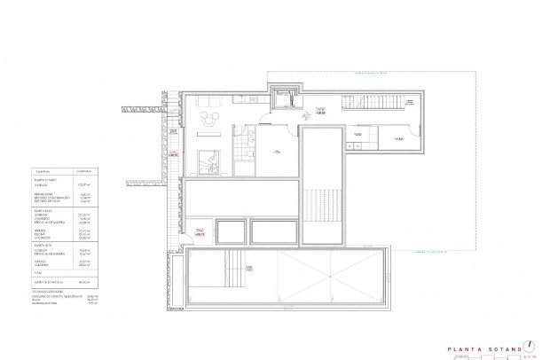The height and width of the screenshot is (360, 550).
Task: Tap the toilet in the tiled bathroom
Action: (x=251, y=141)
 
